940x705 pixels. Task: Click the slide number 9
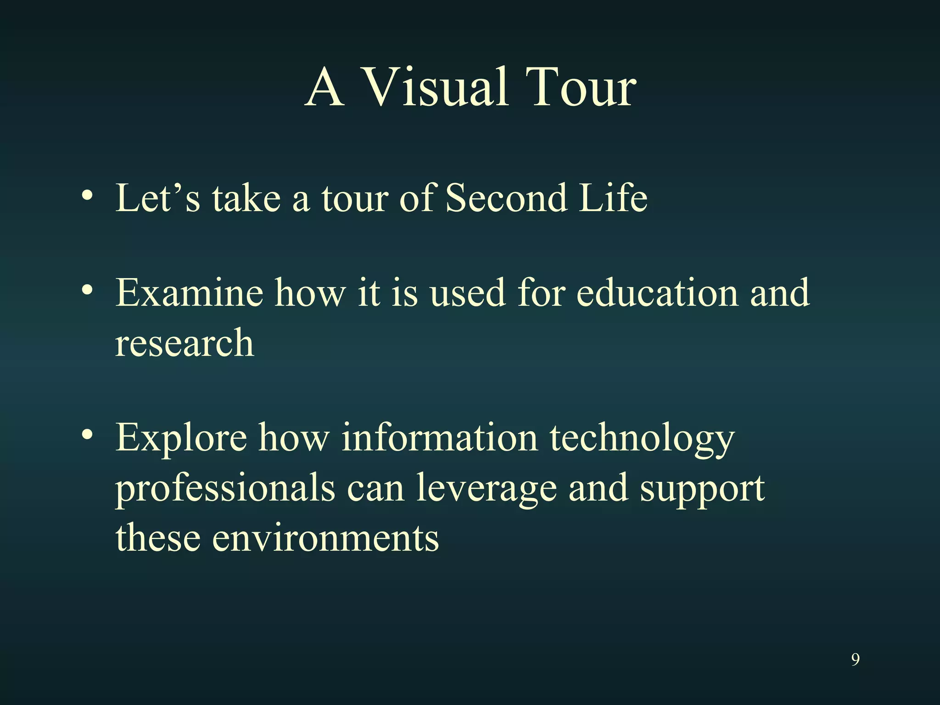coord(855,660)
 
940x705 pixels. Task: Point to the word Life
coord(613,198)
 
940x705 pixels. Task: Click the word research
coord(184,343)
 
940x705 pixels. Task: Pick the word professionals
coord(225,489)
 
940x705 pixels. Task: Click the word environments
coord(325,538)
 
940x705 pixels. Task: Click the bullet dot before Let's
coord(87,196)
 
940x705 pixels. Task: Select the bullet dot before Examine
coord(87,290)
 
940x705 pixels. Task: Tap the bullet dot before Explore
coord(87,435)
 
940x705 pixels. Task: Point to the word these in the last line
coord(158,538)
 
